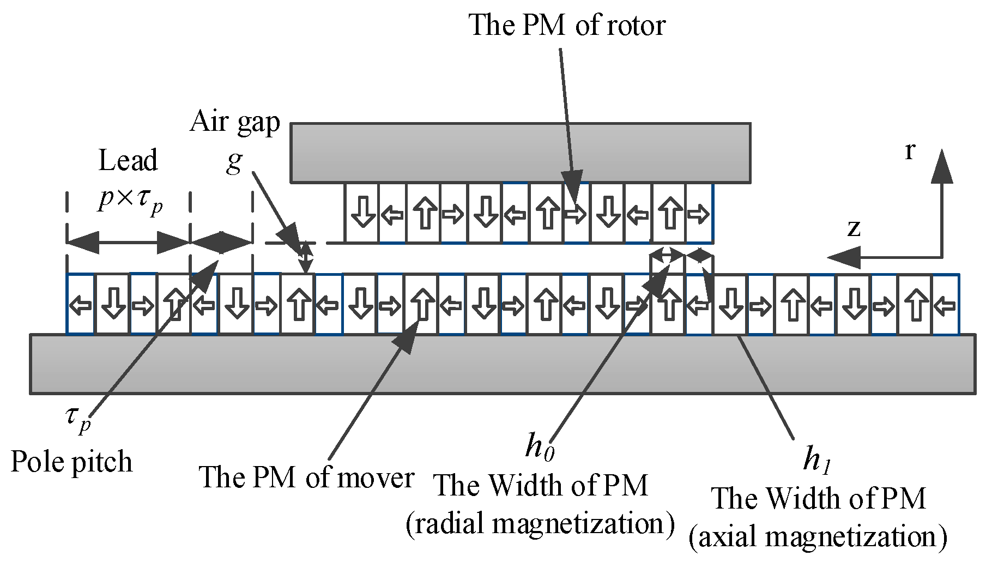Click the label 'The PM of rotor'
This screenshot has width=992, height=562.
567,25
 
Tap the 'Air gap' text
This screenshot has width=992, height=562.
235,122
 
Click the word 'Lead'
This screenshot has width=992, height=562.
128,161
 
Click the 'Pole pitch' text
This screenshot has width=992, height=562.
71,462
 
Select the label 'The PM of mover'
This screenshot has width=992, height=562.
306,478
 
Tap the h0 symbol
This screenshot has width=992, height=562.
540,446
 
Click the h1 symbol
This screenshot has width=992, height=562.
817,459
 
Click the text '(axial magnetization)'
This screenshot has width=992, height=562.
818,537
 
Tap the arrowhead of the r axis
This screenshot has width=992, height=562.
942,166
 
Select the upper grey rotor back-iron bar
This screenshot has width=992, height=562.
520,153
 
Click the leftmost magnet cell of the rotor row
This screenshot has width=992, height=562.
362,213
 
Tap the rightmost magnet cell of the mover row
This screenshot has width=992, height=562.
945,305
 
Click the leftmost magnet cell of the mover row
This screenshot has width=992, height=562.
81,305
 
